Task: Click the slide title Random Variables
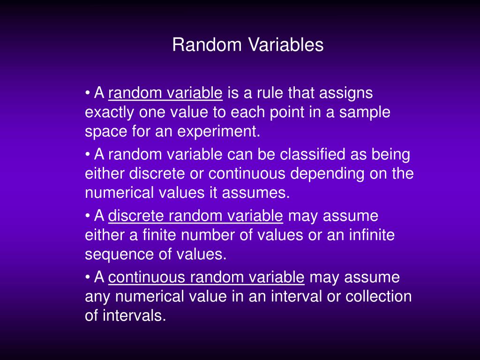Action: pos(247,45)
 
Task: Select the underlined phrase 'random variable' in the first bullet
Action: pos(165,94)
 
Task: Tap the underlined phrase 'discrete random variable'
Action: pos(195,217)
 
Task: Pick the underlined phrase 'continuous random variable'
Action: pos(206,277)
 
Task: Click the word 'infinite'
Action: pos(372,235)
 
